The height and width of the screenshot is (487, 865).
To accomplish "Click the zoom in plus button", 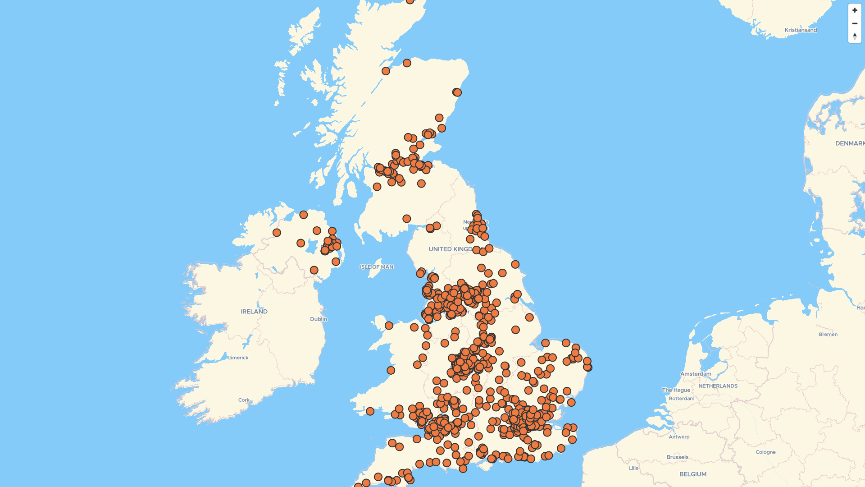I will tap(855, 10).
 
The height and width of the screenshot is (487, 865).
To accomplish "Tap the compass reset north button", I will tap(855, 37).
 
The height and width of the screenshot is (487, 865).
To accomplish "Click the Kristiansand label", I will tap(801, 30).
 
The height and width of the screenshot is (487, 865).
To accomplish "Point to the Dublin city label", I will tap(319, 319).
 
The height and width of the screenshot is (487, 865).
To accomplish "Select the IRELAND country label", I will tap(254, 312).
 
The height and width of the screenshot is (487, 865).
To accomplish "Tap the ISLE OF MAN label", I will tap(377, 267).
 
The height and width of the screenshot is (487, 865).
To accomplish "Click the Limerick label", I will tap(238, 358).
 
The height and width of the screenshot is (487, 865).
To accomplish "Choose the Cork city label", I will tap(244, 400).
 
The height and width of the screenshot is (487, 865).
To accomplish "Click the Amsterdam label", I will tap(696, 374).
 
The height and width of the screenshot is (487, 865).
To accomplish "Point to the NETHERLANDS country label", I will tap(718, 386).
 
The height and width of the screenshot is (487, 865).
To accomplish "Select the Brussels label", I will tap(677, 457).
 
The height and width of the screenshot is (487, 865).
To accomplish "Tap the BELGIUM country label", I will tap(692, 474).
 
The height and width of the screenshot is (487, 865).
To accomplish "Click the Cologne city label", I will tap(765, 452).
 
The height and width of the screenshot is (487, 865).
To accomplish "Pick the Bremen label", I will tap(828, 335).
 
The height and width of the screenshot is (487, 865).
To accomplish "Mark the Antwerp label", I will tap(679, 437).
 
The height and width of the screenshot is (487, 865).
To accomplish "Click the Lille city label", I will tap(633, 468).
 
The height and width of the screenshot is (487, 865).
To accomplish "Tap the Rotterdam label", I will tap(681, 399).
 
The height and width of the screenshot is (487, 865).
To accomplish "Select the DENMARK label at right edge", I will tap(850, 143).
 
